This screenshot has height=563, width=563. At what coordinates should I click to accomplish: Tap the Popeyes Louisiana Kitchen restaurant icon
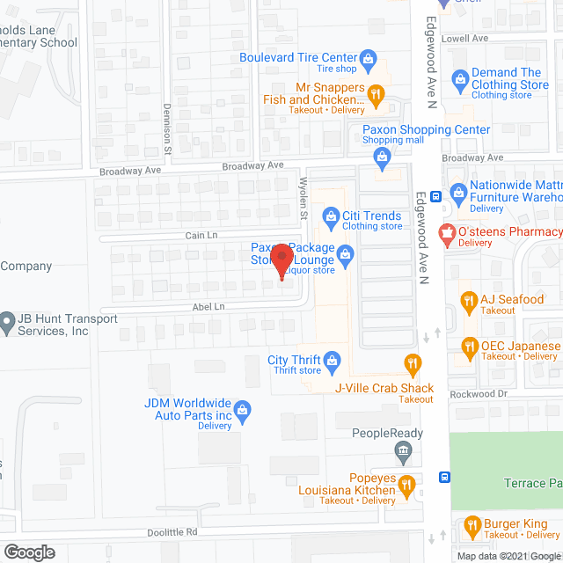tap(406, 485)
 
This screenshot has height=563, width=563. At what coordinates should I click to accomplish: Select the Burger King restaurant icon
tap(472, 528)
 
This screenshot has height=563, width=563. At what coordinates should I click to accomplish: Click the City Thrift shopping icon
tap(332, 359)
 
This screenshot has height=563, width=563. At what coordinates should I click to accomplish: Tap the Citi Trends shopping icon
tap(330, 216)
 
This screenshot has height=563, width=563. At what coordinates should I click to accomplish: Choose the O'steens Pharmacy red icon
tap(446, 233)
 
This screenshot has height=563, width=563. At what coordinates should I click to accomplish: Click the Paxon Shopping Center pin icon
tap(382, 158)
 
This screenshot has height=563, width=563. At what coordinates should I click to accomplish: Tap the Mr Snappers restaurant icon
tap(376, 93)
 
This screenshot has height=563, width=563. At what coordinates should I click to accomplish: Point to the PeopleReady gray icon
tap(404, 453)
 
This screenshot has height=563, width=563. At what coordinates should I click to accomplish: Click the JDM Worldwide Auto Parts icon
tap(244, 409)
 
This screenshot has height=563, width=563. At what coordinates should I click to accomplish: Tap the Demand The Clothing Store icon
tap(459, 80)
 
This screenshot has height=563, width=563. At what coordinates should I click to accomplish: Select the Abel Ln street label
tap(208, 307)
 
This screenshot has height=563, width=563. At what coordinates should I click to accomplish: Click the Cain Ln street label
tap(201, 235)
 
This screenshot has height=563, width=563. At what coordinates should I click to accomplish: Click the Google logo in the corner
tap(28, 552)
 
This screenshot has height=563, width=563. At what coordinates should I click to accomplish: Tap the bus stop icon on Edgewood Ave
tap(445, 478)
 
